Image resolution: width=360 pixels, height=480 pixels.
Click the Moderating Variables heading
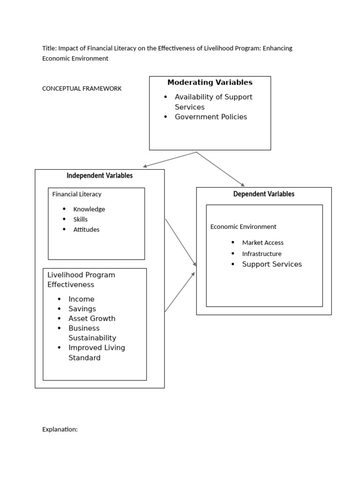pos(210,82)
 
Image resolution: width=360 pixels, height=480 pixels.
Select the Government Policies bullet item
pos(210,117)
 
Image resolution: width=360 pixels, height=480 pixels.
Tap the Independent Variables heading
pos(99,176)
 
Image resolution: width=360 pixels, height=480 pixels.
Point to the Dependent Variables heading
pos(264,194)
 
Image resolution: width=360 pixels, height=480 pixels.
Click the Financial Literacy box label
pos(76,194)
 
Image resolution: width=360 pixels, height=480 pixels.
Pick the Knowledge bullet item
pos(89,209)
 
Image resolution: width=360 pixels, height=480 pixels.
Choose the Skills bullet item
pos(80,219)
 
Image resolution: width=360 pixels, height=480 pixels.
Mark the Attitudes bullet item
pos(86,230)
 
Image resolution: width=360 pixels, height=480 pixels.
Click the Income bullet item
pos(81,299)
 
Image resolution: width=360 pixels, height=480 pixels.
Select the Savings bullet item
pos(82,309)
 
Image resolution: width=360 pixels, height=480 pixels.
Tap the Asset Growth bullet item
pos(91,319)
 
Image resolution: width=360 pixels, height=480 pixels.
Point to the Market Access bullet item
pos(262,243)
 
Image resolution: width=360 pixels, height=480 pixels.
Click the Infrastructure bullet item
pos(262,254)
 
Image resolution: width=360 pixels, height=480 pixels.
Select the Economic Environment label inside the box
pos(243,227)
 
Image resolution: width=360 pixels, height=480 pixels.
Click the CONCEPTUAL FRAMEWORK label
pos(82,89)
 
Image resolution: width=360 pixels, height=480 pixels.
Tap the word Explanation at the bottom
pos(60,429)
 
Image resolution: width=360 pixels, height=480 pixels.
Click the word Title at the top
pos(49,48)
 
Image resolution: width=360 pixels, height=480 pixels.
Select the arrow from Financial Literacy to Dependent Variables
pos(180,242)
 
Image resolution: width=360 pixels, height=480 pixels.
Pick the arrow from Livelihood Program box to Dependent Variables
pos(180,292)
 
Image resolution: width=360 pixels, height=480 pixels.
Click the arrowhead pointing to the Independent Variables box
pos(145,166)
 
